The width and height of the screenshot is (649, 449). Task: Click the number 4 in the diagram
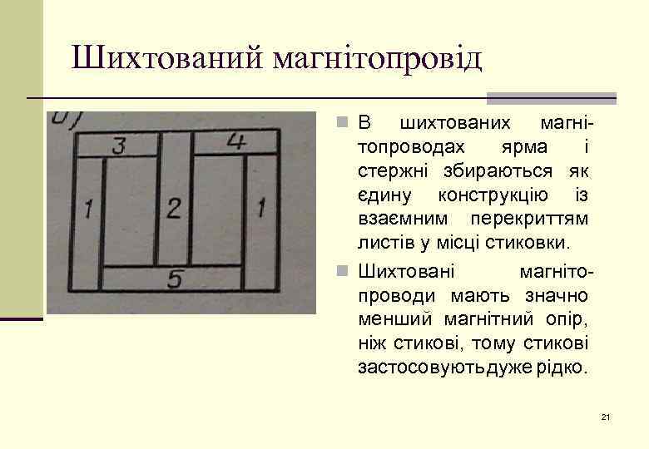(x=235, y=141)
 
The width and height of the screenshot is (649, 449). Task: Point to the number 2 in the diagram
(x=173, y=208)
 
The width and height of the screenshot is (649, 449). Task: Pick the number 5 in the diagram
(x=174, y=280)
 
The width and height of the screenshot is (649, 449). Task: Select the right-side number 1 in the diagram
(x=262, y=206)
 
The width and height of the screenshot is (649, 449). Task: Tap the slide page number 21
(x=605, y=416)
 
